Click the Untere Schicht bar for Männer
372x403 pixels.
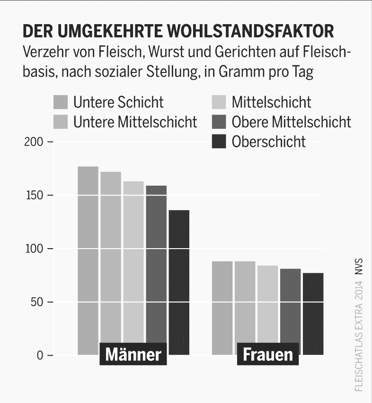click(88, 256)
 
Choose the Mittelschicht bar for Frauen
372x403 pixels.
click(268, 308)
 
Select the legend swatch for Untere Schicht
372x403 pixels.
click(61, 102)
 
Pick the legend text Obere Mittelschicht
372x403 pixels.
click(291, 122)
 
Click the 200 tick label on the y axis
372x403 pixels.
click(35, 142)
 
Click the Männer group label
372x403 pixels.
click(133, 355)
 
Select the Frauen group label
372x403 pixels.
click(267, 355)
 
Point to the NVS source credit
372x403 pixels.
click(359, 267)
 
